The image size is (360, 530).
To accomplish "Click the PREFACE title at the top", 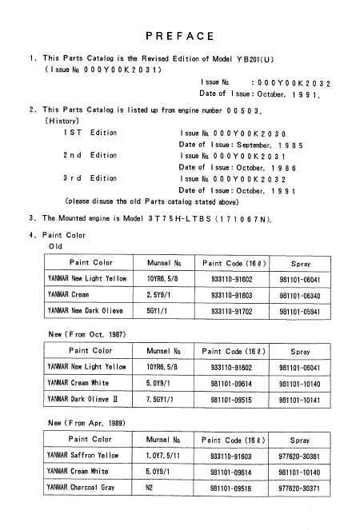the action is (x=180, y=37).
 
